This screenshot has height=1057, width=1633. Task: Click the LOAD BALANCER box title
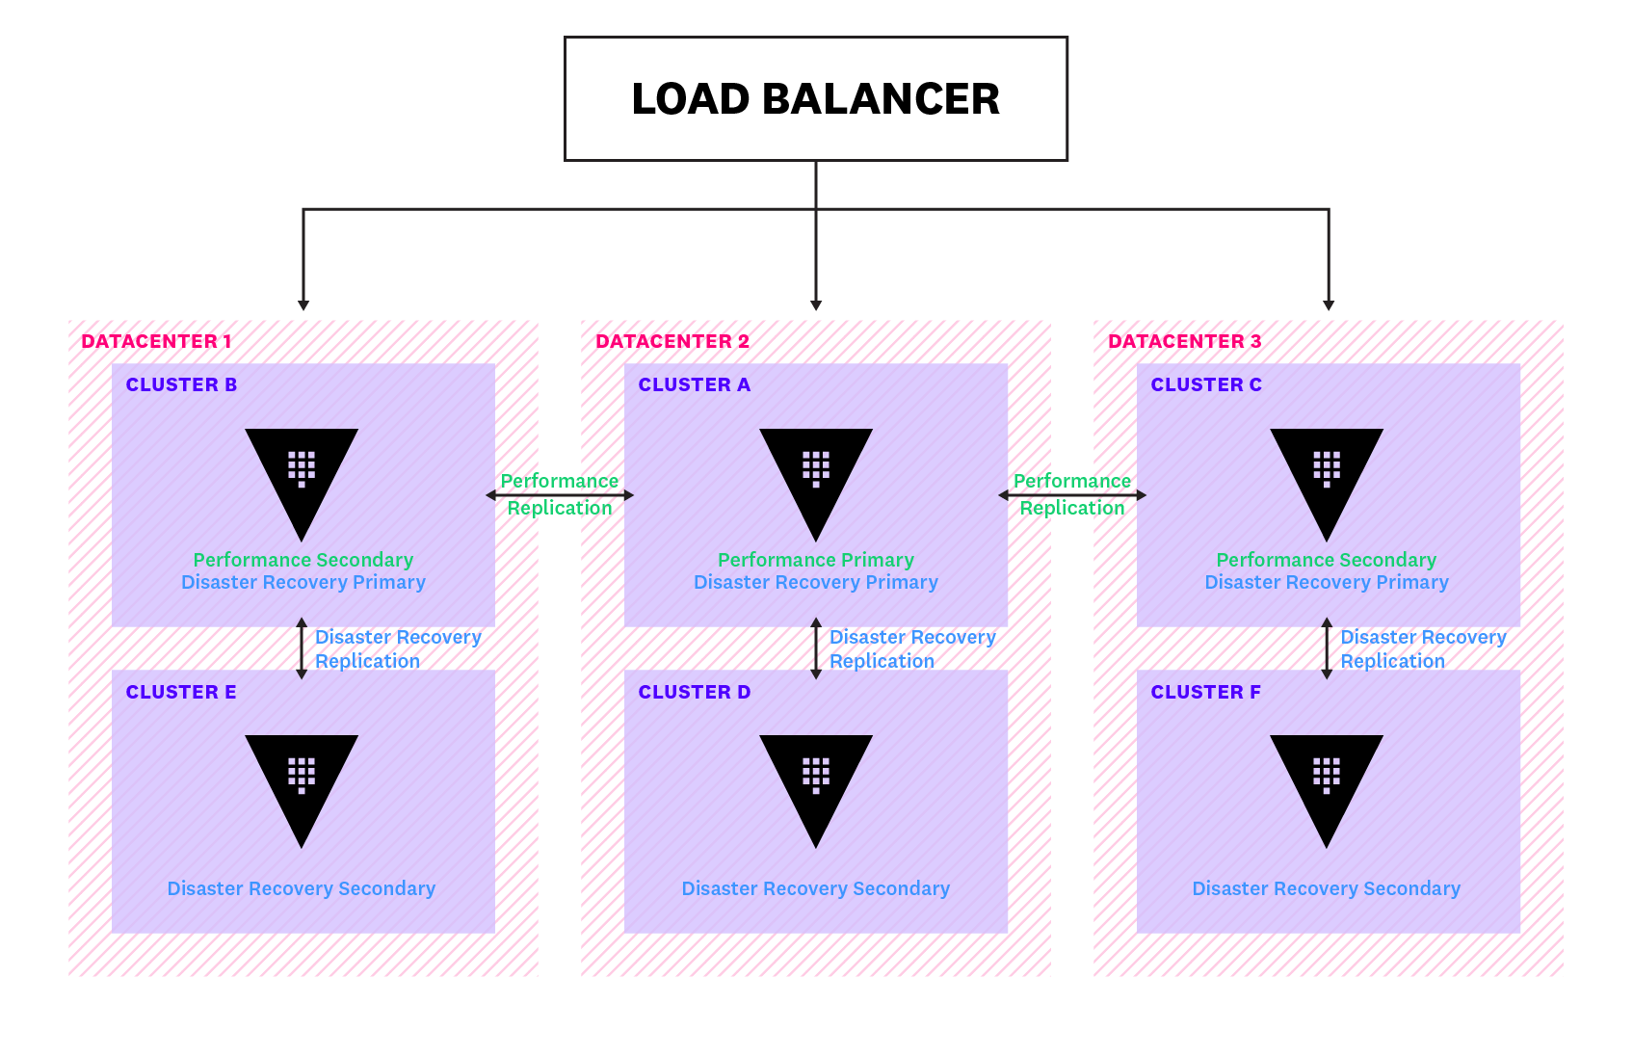click(x=815, y=99)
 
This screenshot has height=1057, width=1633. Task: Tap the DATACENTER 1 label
click(x=156, y=341)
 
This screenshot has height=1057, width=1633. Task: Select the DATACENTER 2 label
click(x=672, y=341)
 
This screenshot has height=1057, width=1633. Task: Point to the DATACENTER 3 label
click(x=1184, y=341)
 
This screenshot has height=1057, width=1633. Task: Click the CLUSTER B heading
click(x=181, y=384)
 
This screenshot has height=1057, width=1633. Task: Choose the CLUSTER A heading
click(x=694, y=384)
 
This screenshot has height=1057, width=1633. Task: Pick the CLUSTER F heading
click(x=1205, y=692)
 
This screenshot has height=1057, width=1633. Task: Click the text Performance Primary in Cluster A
click(x=815, y=560)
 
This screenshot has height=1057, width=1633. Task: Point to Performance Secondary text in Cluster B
click(x=303, y=560)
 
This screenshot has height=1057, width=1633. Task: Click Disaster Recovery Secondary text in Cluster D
click(x=815, y=888)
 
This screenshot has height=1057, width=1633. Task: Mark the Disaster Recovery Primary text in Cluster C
click(x=1326, y=582)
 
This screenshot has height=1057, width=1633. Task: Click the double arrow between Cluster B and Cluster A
click(x=560, y=495)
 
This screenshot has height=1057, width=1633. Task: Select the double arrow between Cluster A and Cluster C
click(x=1071, y=495)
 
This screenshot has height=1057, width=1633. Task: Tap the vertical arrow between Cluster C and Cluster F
click(x=1326, y=648)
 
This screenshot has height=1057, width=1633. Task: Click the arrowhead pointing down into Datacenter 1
click(x=303, y=304)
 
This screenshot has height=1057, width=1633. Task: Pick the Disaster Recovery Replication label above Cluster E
click(x=397, y=648)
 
